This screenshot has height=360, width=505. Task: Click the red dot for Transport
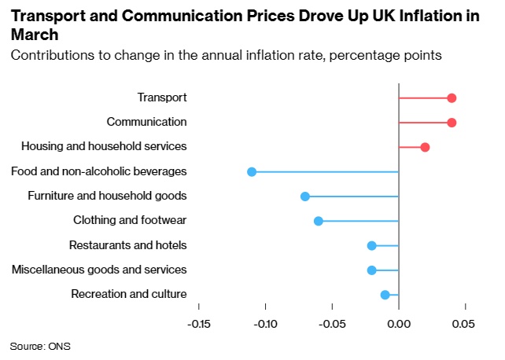pyautogui.click(x=452, y=98)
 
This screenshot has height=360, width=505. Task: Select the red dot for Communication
pyautogui.click(x=452, y=123)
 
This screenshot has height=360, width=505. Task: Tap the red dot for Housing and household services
pyautogui.click(x=425, y=147)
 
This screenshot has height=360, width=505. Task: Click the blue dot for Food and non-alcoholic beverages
pyautogui.click(x=252, y=171)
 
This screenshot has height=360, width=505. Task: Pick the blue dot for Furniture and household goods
pyautogui.click(x=305, y=197)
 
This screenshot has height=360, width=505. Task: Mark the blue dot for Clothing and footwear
pyautogui.click(x=319, y=221)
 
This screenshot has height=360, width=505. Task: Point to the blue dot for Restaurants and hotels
pyautogui.click(x=372, y=245)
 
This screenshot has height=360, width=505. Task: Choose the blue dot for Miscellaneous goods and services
pyautogui.click(x=372, y=270)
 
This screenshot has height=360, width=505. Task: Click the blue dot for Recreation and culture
pyautogui.click(x=385, y=295)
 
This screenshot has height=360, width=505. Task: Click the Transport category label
pyautogui.click(x=162, y=97)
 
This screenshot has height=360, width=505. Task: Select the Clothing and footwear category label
pyautogui.click(x=130, y=221)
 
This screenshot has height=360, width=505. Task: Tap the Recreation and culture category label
pyautogui.click(x=129, y=295)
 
